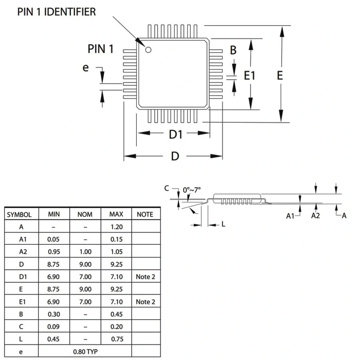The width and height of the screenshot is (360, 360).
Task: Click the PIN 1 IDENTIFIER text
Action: click(56, 12)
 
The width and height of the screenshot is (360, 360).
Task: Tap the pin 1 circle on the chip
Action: click(148, 50)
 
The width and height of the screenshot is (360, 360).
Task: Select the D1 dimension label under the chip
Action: click(175, 134)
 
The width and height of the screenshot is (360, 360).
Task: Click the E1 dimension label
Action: click(250, 75)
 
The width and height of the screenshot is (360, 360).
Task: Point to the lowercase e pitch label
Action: click(85, 68)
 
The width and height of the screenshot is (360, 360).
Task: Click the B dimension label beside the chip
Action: click(233, 50)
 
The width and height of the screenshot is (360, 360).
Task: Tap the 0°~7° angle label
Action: click(192, 190)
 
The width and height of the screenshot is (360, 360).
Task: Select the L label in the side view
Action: click(223, 224)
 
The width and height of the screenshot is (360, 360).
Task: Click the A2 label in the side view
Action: click(316, 216)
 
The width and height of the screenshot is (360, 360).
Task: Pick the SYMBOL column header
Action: click(19, 214)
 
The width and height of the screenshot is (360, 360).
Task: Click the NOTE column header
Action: click(145, 214)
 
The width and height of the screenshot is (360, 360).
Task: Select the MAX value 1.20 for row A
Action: click(116, 227)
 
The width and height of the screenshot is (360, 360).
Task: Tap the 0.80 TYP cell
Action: click(85, 352)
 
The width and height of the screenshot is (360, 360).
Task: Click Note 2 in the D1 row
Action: click(145, 277)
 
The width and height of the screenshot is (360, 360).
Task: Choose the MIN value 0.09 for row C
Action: click(54, 327)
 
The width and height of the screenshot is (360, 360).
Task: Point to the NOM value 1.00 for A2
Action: click(85, 252)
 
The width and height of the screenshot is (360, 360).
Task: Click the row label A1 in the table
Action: click(21, 239)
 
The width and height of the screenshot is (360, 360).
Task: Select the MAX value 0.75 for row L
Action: click(116, 339)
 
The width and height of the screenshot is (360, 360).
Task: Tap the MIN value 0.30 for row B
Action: click(54, 314)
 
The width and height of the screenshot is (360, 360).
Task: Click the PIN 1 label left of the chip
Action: click(100, 49)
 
